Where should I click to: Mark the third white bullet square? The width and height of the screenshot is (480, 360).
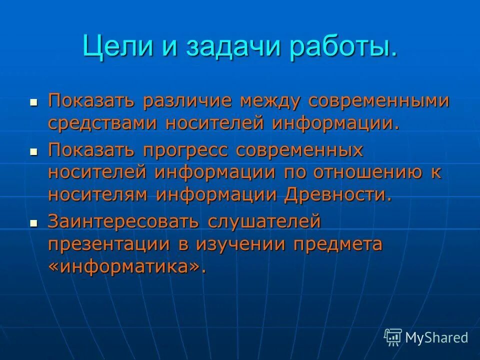[34, 223]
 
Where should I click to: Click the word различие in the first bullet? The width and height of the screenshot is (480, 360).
[190, 101]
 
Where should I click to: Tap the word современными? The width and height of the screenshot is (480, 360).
[378, 101]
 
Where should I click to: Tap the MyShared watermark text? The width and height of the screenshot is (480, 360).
[436, 337]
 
